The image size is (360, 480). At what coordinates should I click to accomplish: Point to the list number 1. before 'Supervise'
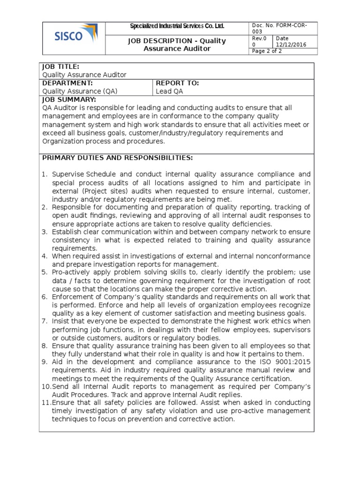(45, 174)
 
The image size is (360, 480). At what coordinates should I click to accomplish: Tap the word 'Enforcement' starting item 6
(73, 297)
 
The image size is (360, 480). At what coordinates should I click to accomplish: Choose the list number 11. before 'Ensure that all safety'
(45, 402)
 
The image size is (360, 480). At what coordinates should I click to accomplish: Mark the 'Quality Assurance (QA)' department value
(80, 91)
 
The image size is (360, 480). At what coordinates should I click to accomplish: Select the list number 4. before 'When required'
(45, 256)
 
